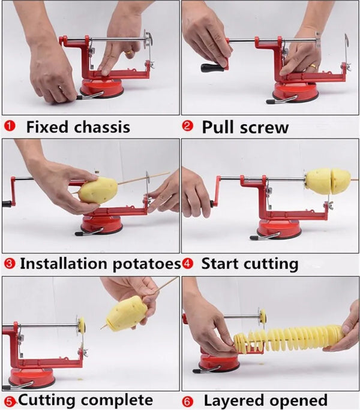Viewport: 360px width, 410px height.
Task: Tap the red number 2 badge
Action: point(188,126)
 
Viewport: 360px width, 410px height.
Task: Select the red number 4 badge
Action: point(187,263)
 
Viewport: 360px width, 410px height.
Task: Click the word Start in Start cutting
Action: point(220,263)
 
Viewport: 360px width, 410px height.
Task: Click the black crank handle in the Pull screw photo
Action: point(212,67)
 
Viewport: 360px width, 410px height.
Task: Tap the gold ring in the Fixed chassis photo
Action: point(130,53)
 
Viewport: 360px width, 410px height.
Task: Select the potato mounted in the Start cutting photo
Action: point(328,180)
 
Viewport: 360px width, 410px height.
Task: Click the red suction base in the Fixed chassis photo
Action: point(102,89)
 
